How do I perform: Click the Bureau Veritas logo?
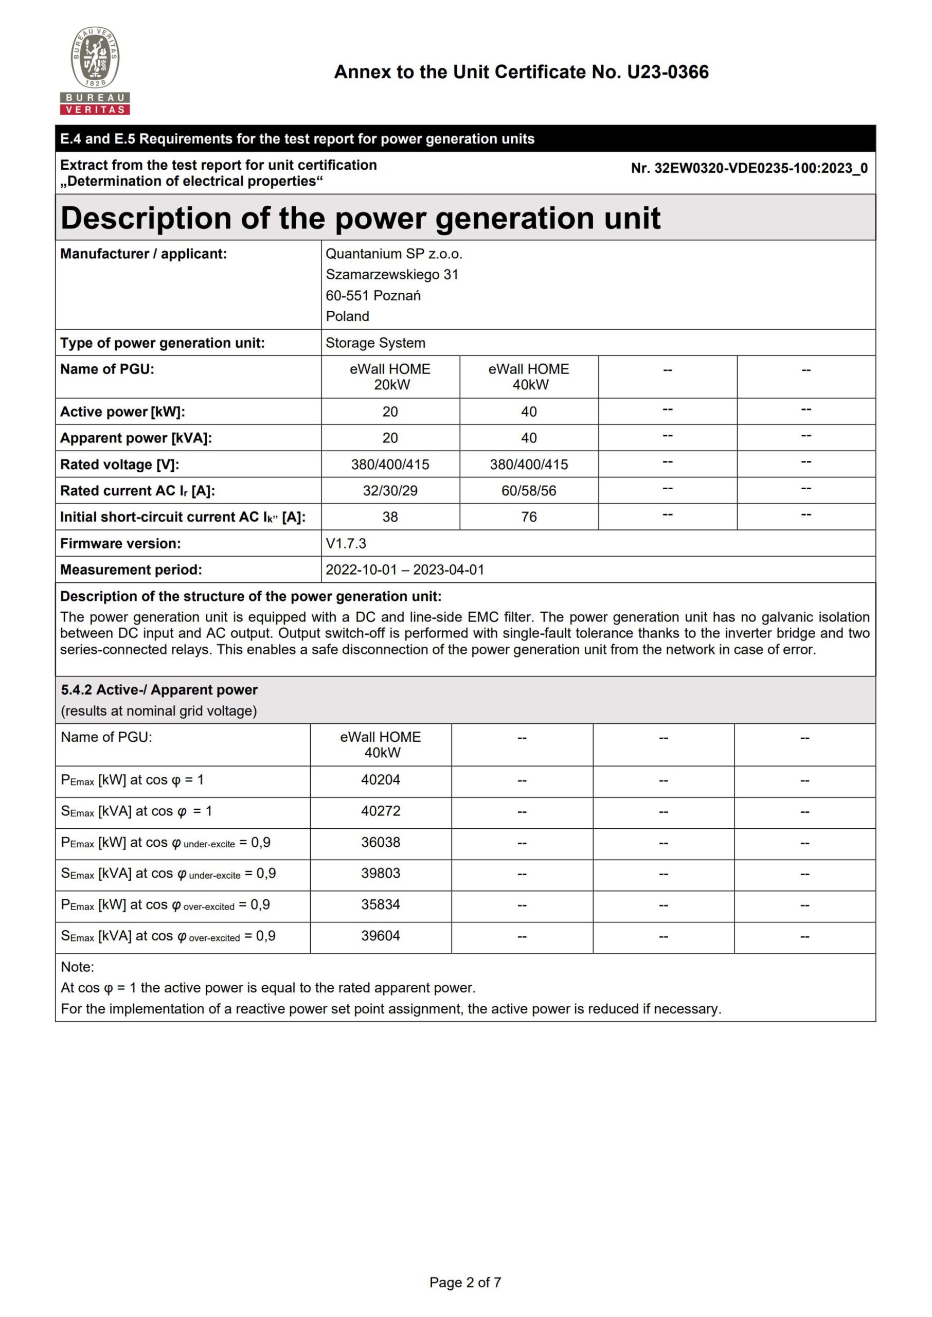point(95,70)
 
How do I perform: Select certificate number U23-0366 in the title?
point(668,73)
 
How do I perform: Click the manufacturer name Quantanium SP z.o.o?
point(393,254)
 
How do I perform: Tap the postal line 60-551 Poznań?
point(373,295)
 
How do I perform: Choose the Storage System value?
point(375,343)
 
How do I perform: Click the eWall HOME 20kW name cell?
point(390,377)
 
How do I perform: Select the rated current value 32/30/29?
point(390,491)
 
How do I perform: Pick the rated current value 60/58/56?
point(529,491)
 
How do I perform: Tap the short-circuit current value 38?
point(390,517)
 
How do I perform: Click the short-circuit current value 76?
point(529,517)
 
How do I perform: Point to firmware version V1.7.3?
point(346,543)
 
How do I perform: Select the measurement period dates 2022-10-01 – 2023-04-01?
point(405,570)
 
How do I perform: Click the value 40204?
point(381,780)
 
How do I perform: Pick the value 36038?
point(381,843)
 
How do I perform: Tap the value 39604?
point(381,936)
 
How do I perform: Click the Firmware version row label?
point(120,543)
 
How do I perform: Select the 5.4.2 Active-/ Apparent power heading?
point(159,690)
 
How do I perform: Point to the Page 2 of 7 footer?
point(465,1283)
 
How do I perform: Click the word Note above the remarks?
point(77,967)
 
